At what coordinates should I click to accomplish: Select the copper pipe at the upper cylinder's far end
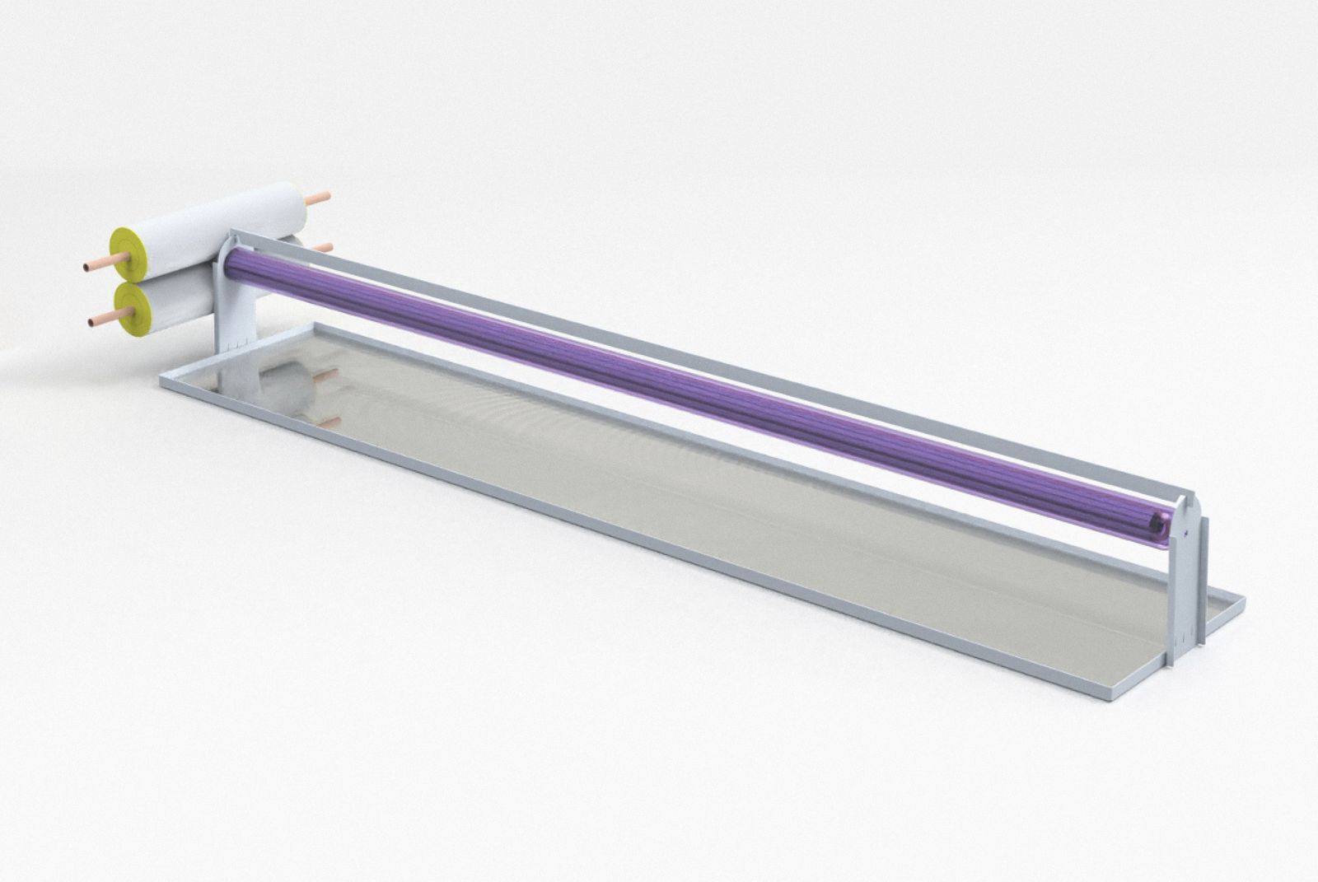tap(318, 198)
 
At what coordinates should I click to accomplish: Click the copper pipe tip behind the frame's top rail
tap(323, 246)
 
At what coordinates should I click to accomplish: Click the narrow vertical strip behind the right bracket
tap(1204, 576)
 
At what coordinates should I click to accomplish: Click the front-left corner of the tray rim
tap(160, 384)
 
